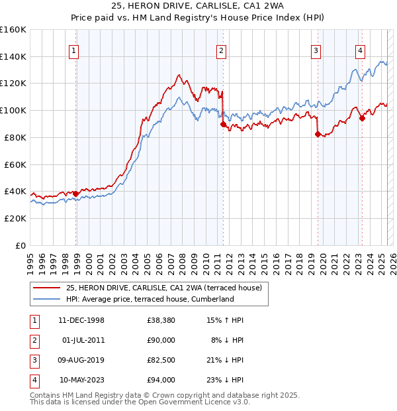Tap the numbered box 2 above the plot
click(x=221, y=50)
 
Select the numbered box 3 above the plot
click(x=316, y=50)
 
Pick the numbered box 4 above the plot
click(x=360, y=50)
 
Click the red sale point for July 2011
click(x=223, y=124)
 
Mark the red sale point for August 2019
click(x=318, y=134)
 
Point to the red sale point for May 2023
click(x=362, y=119)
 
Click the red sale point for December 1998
click(x=76, y=194)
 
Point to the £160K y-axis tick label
click(x=13, y=29)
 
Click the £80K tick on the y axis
click(x=15, y=137)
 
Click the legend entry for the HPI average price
click(x=150, y=299)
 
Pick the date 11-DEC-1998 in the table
click(x=81, y=320)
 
